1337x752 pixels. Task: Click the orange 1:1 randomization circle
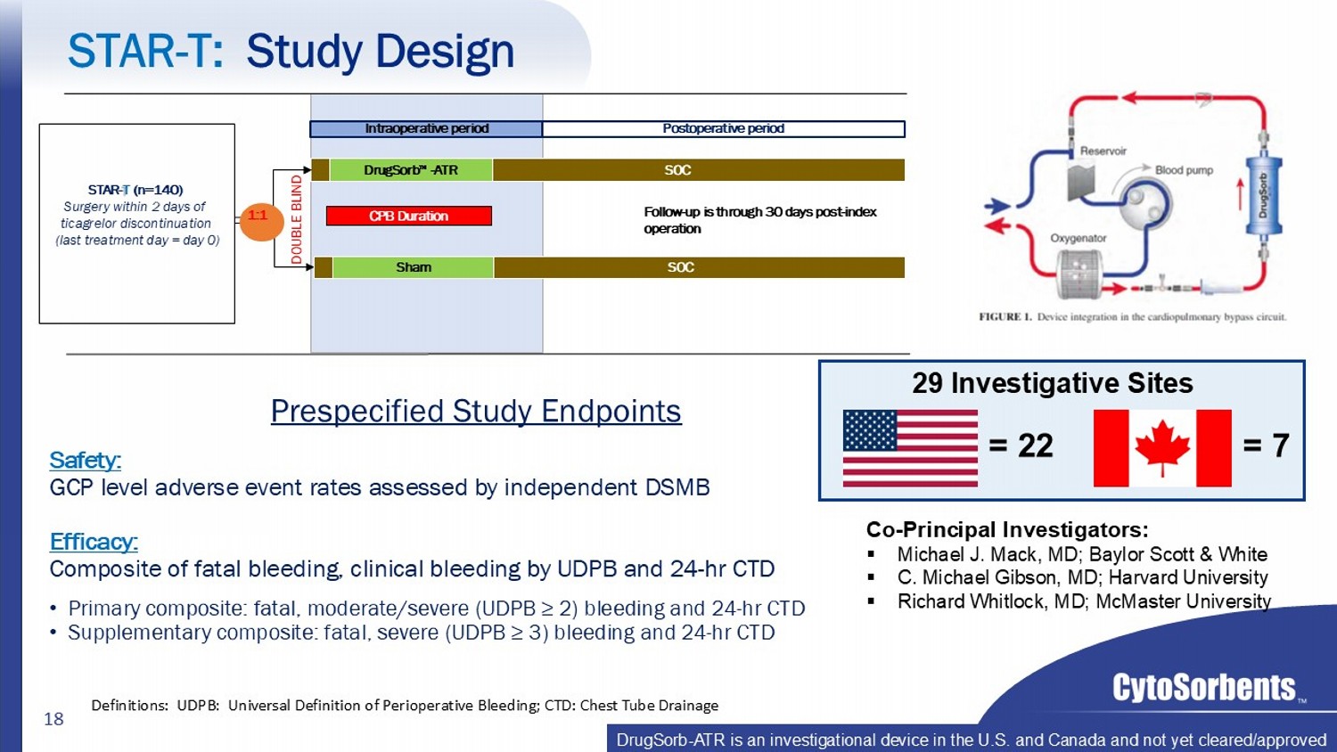click(261, 217)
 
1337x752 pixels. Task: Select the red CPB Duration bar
click(409, 216)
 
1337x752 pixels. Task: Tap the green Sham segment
click(413, 267)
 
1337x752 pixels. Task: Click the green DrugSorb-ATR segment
click(411, 170)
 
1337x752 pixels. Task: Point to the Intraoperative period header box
click(426, 129)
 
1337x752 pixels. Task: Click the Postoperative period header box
click(724, 129)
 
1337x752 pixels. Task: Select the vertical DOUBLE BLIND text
click(297, 219)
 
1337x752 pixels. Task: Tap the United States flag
click(910, 447)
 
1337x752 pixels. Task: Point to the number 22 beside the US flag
click(1036, 445)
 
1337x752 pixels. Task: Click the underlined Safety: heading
click(86, 460)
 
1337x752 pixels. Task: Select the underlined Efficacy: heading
click(94, 542)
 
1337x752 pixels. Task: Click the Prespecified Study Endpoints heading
click(476, 412)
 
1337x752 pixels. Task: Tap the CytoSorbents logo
click(1204, 688)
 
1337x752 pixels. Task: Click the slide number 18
click(53, 718)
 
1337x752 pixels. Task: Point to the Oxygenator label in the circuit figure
click(1079, 238)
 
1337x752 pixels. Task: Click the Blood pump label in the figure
click(1185, 170)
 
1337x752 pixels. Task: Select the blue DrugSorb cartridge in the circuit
click(1264, 196)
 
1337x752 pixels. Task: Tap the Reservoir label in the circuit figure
click(1103, 151)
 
